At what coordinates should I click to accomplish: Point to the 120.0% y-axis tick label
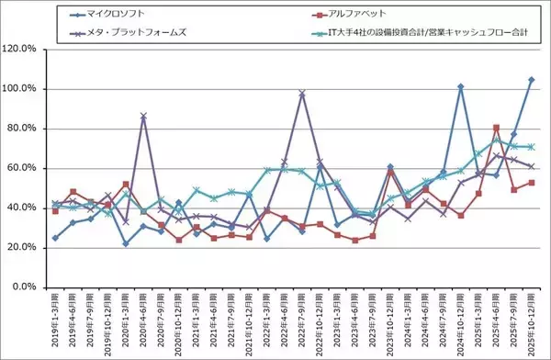[20, 49]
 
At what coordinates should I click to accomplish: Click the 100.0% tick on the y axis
[20, 89]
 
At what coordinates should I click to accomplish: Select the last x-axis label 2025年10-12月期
[532, 323]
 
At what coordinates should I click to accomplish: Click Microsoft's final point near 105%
[532, 80]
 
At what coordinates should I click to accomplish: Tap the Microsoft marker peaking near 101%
[461, 87]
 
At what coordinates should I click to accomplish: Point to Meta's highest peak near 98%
[302, 94]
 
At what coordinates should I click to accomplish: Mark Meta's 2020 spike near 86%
[143, 117]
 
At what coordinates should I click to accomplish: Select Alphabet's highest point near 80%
[496, 128]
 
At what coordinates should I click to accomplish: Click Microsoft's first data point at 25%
[55, 238]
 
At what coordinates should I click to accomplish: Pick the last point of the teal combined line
[532, 147]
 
